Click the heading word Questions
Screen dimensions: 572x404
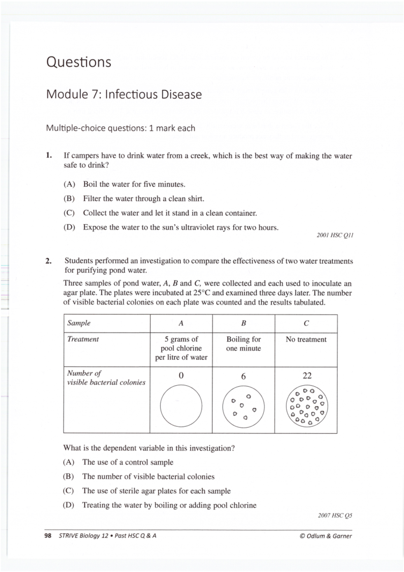click(x=79, y=62)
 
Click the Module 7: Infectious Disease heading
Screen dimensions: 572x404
click(x=124, y=94)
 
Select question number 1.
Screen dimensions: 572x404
click(x=49, y=155)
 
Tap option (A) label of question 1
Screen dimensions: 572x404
click(x=69, y=184)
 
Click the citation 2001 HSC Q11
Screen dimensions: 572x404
click(x=335, y=236)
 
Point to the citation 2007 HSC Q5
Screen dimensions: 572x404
click(x=335, y=515)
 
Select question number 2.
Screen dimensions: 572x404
click(x=49, y=261)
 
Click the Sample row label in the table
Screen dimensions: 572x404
click(x=79, y=323)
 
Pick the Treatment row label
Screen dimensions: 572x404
click(x=83, y=339)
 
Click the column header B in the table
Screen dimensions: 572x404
click(x=243, y=323)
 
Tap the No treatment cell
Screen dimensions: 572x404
click(x=306, y=339)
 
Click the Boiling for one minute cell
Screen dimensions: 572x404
click(x=243, y=344)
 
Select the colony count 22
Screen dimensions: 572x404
click(x=307, y=376)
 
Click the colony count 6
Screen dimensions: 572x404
click(x=243, y=376)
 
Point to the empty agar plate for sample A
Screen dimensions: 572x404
click(x=181, y=406)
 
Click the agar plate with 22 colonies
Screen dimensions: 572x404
click(x=307, y=406)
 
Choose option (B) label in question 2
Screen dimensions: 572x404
click(x=68, y=476)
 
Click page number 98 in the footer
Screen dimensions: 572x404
click(x=48, y=536)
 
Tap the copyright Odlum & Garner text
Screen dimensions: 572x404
click(x=326, y=536)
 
